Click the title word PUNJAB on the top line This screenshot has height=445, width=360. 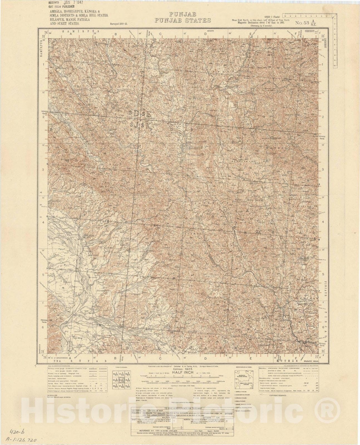(x=182, y=14)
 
